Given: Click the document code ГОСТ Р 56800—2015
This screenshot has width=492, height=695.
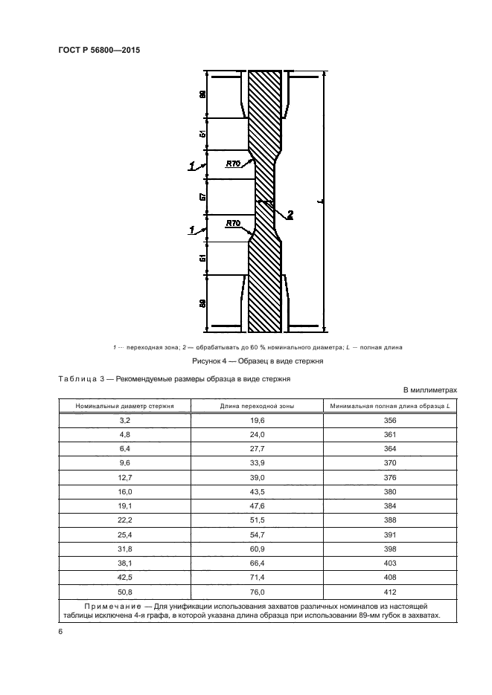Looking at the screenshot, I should tap(99, 51).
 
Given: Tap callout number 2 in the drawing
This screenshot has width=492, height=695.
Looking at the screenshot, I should tap(290, 216).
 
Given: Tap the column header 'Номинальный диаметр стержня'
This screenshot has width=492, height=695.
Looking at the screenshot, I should tap(125, 406).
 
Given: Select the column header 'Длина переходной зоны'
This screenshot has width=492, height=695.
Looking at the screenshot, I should tap(257, 406).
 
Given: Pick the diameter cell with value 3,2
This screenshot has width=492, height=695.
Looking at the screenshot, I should tap(125, 421).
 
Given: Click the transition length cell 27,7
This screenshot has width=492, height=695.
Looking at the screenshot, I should tap(257, 449).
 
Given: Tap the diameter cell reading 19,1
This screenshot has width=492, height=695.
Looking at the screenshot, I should tap(125, 505).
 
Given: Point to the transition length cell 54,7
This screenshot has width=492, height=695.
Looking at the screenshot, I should tap(257, 534).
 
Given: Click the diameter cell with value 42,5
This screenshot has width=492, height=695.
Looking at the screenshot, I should tap(125, 577).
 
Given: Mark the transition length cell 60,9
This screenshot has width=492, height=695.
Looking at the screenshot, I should tap(257, 549).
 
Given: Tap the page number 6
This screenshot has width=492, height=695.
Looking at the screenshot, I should tap(59, 631).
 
